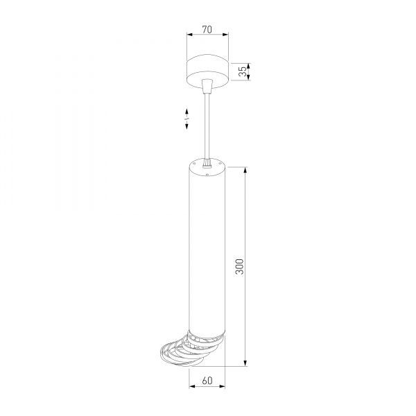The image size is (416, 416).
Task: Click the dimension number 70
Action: [x=207, y=29]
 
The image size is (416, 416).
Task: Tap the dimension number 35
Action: [x=243, y=71]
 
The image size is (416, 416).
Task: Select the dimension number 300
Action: [x=239, y=267]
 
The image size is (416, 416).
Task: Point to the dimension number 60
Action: [x=207, y=381]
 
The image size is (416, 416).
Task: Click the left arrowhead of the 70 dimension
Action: [x=189, y=34]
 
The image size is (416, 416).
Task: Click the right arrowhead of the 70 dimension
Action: [x=225, y=34]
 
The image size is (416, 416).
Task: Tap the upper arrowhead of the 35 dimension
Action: [x=249, y=66]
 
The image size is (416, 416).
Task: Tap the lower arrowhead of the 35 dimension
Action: [x=249, y=77]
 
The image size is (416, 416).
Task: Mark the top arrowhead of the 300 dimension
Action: [x=245, y=170]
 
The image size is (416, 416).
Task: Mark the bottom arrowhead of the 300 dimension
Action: [x=245, y=363]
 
